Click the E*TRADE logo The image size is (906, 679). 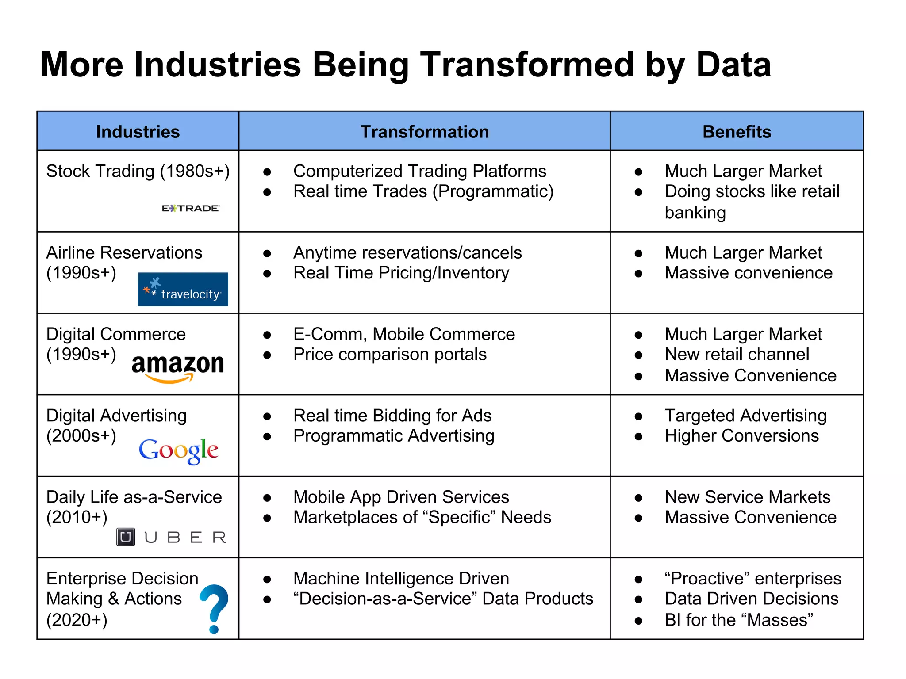coord(190,208)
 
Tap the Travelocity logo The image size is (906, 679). coord(183,290)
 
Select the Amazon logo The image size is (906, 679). coord(178,367)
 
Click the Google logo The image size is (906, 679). coord(178,450)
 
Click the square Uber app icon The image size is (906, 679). coord(126,537)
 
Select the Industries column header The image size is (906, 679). coord(138,132)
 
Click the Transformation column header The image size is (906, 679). coord(424,132)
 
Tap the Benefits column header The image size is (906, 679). coord(737,132)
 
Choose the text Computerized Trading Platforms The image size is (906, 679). coord(419,171)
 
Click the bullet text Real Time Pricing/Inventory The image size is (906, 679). coord(401,273)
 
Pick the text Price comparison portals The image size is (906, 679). coord(390,355)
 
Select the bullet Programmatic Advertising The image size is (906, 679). coord(394,436)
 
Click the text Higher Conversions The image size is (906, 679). coord(741,436)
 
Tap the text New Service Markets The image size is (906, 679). coord(747,497)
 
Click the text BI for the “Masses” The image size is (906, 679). coord(739,620)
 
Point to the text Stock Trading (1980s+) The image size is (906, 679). coord(138,171)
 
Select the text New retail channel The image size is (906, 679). coord(737,355)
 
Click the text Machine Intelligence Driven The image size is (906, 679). coord(401,578)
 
